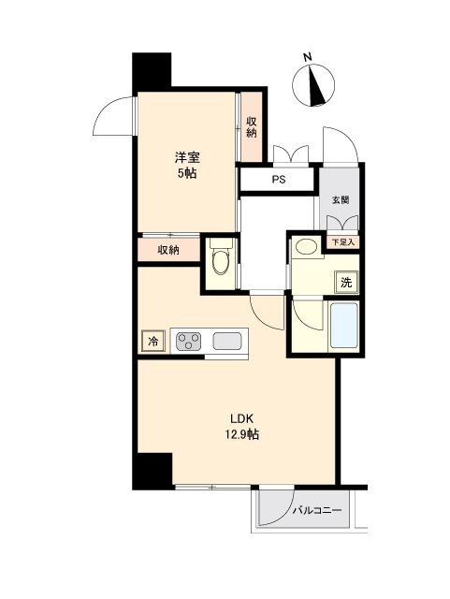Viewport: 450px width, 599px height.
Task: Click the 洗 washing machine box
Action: [x=346, y=282]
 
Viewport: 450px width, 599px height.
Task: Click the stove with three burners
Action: [x=189, y=342]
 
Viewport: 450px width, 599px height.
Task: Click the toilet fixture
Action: [x=220, y=261]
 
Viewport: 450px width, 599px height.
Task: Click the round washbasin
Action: [x=304, y=249]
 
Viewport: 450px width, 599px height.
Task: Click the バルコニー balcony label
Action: [x=317, y=510]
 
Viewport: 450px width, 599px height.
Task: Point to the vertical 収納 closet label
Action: [x=252, y=126]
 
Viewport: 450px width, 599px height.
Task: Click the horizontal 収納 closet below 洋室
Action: [x=168, y=250]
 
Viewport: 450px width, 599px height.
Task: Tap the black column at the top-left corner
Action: [x=152, y=70]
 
